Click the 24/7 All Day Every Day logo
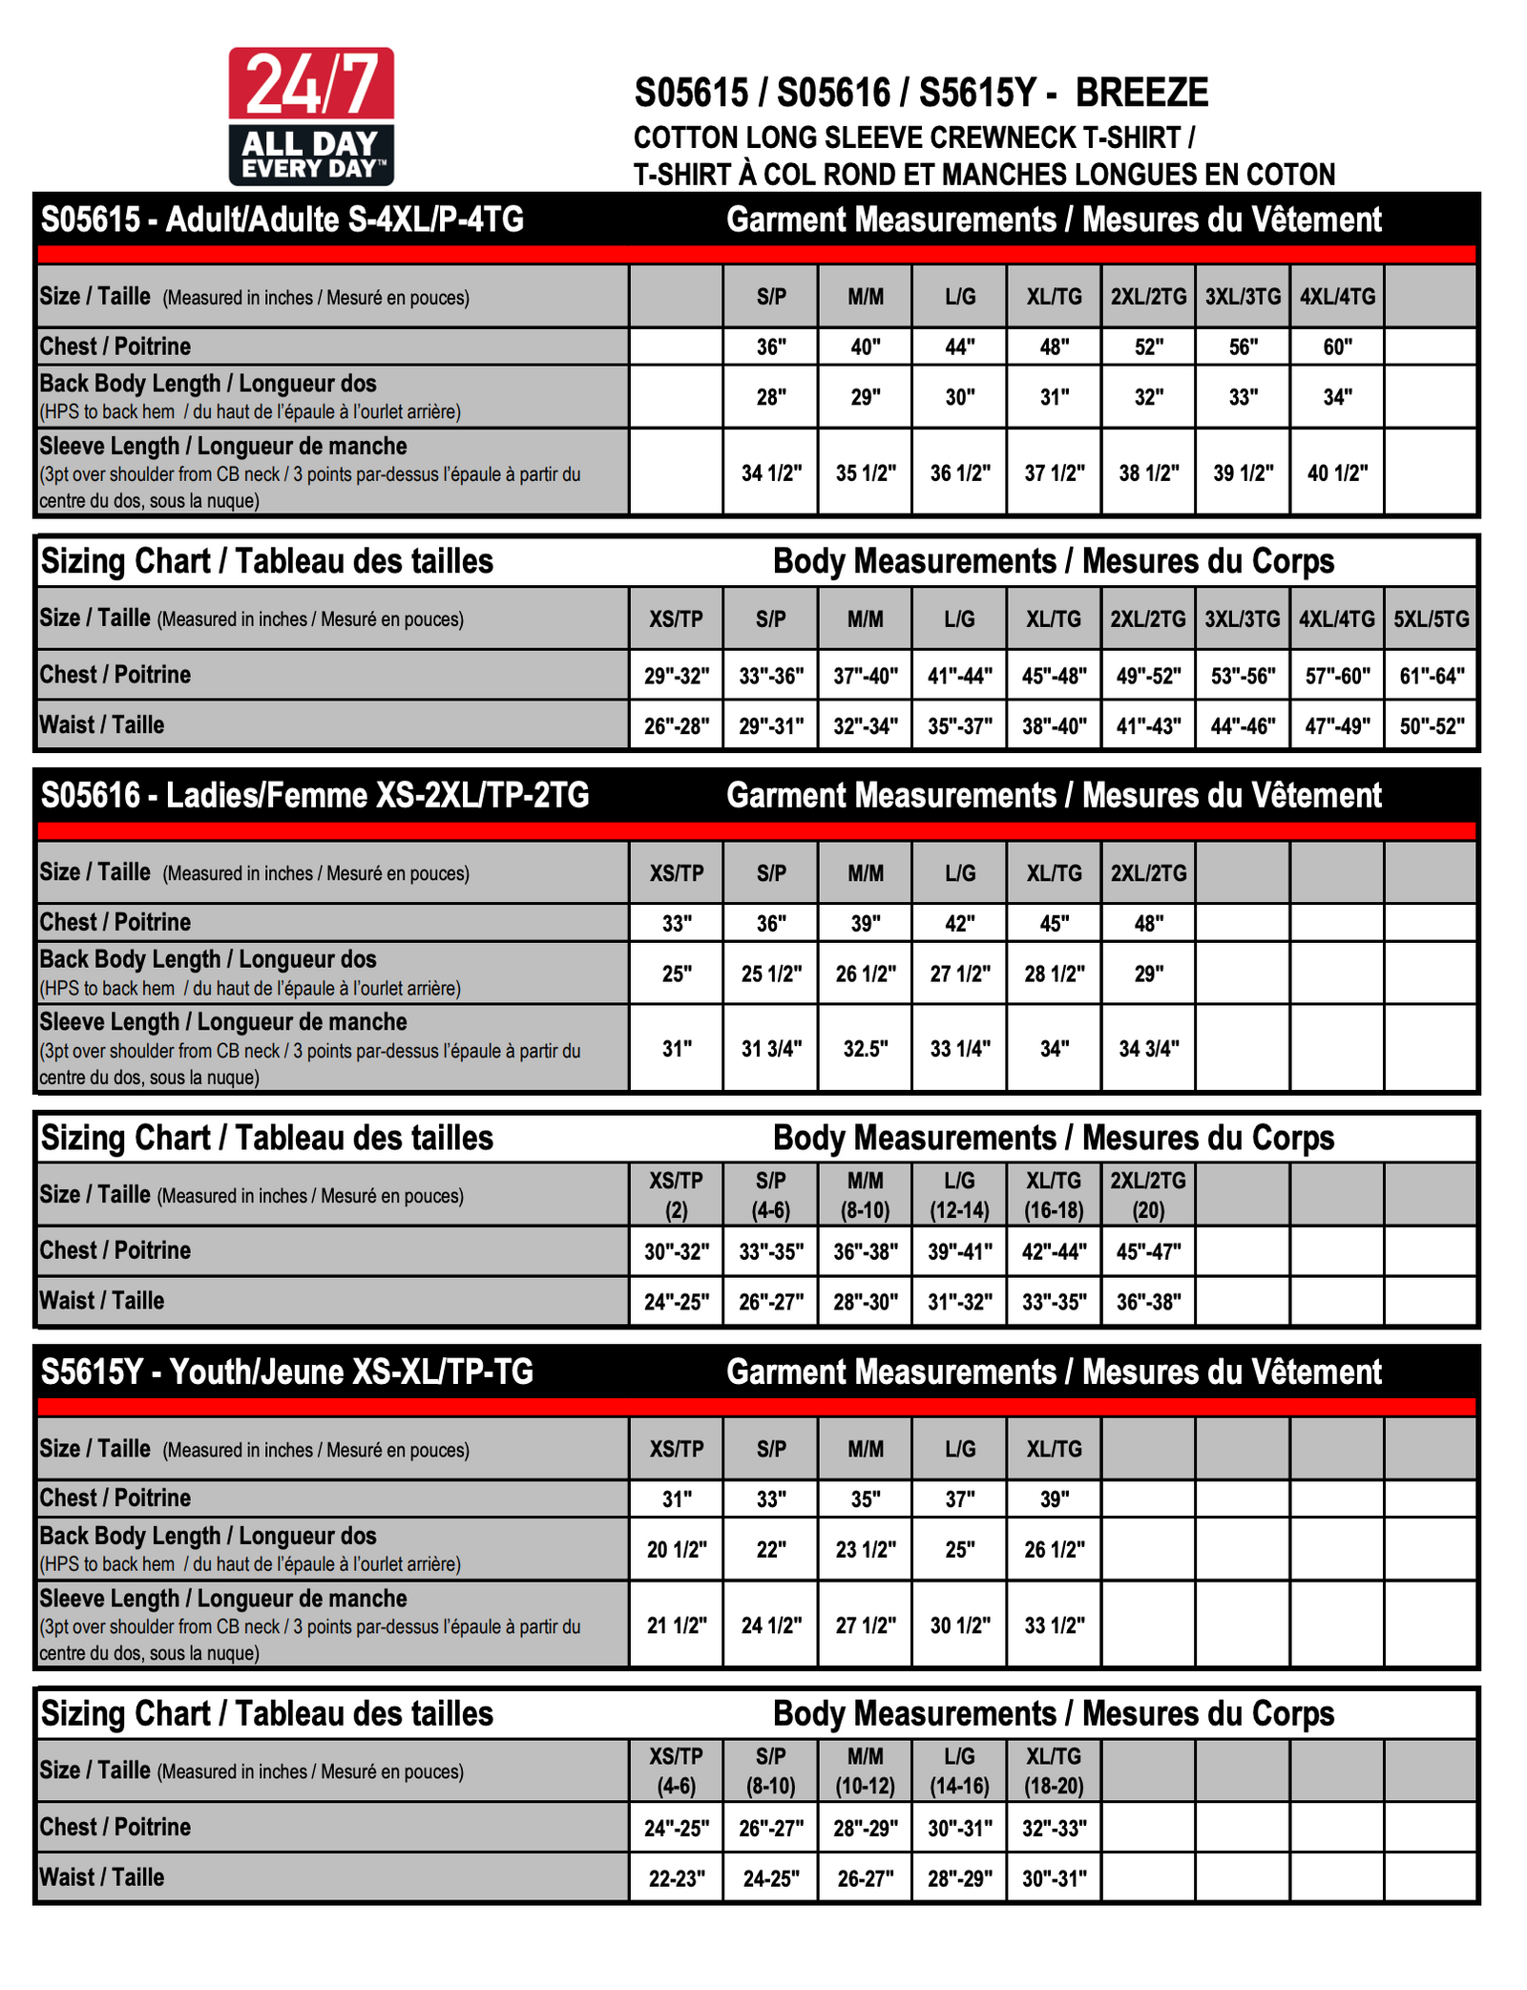(311, 116)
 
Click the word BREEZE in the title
(1141, 93)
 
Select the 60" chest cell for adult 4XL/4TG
(1337, 346)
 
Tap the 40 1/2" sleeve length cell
(1337, 472)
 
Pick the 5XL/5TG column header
(1431, 618)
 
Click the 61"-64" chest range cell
(1431, 676)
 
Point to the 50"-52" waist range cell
(1431, 725)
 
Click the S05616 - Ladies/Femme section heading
(315, 795)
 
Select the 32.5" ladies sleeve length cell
(866, 1048)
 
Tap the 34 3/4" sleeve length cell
(1149, 1048)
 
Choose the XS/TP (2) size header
(677, 1195)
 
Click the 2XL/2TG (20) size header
(1148, 1195)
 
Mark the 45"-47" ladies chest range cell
(1148, 1251)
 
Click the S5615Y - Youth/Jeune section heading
(286, 1372)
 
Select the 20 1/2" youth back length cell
(677, 1549)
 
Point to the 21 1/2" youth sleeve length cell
(677, 1624)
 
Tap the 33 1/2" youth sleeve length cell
(1055, 1624)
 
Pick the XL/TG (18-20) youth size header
(1054, 1770)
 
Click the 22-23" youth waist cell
(677, 1878)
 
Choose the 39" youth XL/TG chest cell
(1054, 1498)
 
